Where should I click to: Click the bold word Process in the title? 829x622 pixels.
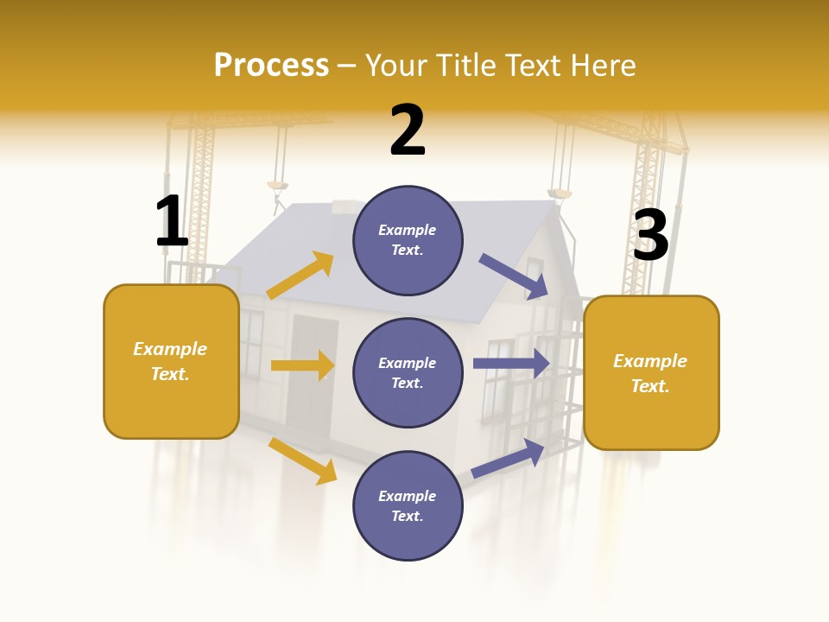(x=271, y=65)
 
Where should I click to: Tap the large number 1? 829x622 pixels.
(x=172, y=221)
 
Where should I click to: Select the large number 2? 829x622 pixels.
(x=408, y=130)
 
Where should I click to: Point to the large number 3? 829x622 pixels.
(x=650, y=236)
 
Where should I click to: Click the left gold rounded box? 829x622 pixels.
(x=171, y=361)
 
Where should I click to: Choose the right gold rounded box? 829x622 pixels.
(x=651, y=372)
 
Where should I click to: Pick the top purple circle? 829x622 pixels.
(x=408, y=240)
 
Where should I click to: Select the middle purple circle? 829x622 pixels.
(x=408, y=372)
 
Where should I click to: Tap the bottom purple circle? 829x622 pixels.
(x=408, y=505)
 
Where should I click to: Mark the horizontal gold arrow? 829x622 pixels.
(x=302, y=365)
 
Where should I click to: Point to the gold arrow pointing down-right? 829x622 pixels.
(x=302, y=460)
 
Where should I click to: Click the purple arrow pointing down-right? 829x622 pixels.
(x=514, y=276)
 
